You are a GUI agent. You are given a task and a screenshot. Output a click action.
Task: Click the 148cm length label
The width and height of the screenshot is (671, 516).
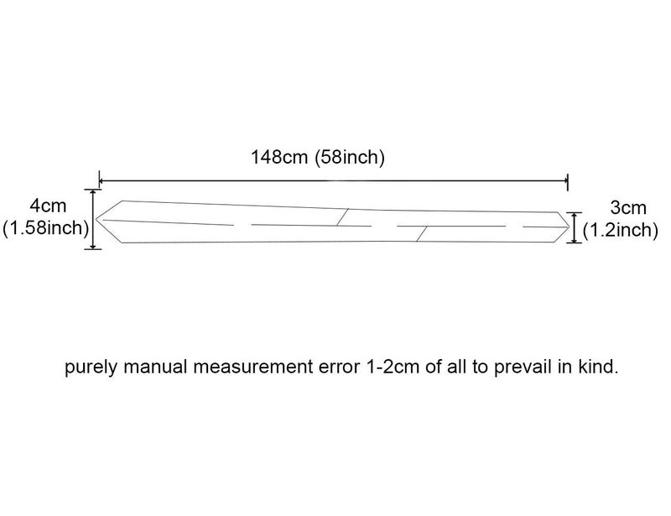click(x=279, y=157)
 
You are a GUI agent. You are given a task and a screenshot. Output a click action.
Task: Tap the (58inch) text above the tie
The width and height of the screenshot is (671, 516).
click(x=350, y=158)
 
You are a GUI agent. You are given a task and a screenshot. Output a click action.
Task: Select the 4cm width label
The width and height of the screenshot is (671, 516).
click(x=48, y=206)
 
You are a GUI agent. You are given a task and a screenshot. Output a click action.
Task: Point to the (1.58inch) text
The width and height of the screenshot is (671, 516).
click(x=45, y=228)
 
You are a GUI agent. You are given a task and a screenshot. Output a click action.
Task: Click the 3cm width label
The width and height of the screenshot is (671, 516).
click(x=627, y=208)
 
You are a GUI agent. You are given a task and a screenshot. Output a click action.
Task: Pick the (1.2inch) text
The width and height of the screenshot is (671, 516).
click(x=621, y=231)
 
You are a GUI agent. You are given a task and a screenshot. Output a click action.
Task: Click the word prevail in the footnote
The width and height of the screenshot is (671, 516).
click(x=523, y=367)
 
